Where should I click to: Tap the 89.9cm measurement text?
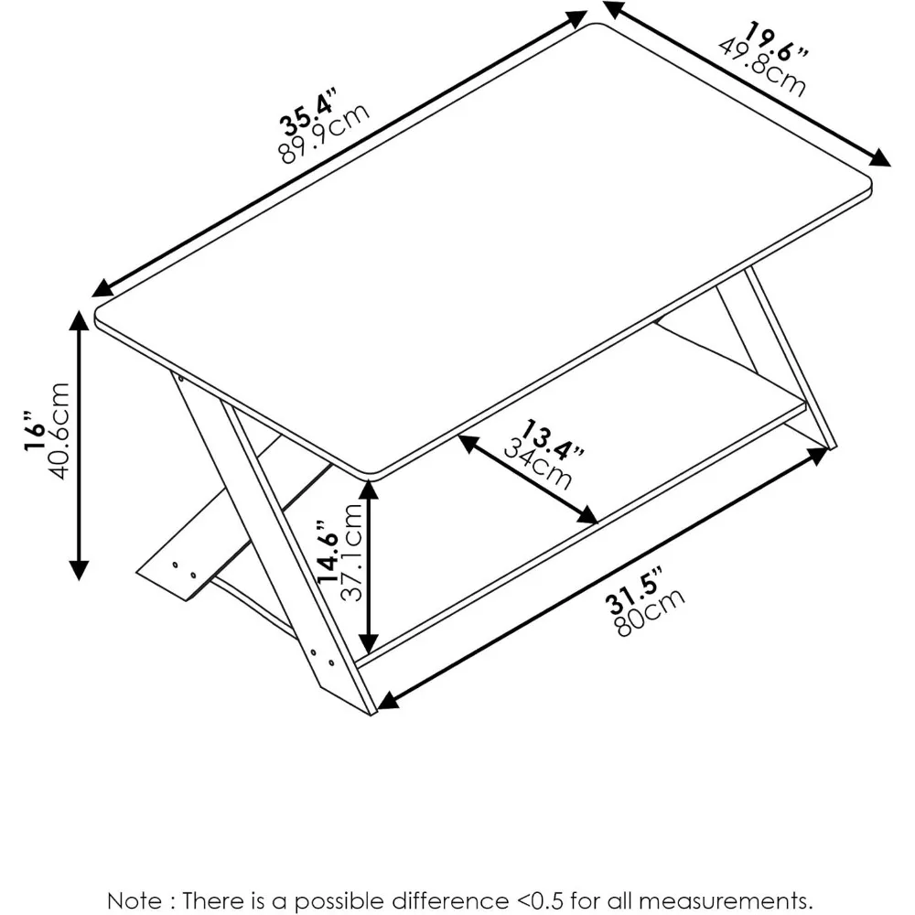tap(325, 133)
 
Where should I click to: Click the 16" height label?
tap(34, 432)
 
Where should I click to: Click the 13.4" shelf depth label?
tap(552, 439)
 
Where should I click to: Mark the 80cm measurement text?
tap(651, 618)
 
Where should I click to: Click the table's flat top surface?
tap(485, 247)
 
